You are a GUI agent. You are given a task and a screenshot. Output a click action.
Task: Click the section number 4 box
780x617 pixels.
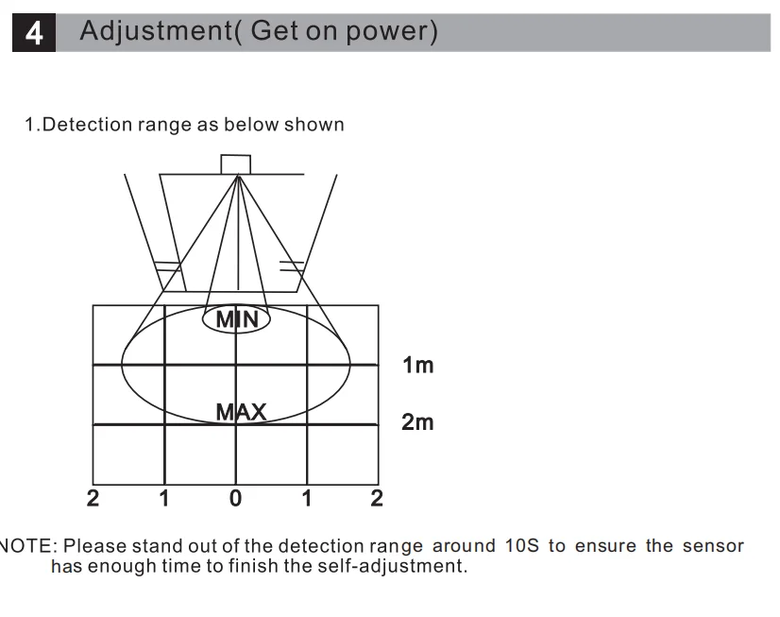[x=34, y=34]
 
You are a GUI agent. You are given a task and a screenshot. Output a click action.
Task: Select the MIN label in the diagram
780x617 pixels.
[x=236, y=319]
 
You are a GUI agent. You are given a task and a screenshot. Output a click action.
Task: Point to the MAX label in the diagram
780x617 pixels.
[x=241, y=413]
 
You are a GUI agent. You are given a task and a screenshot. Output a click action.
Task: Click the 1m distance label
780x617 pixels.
[x=417, y=366]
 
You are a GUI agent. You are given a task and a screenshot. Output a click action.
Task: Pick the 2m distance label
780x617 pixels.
[x=417, y=422]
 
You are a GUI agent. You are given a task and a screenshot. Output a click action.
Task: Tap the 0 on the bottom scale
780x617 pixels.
[x=236, y=498]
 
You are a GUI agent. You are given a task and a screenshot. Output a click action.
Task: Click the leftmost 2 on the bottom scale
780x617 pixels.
[x=93, y=498]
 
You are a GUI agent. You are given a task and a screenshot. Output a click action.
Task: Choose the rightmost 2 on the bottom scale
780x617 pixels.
[x=377, y=498]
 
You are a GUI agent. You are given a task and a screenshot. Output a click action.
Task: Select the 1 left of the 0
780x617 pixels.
[x=163, y=498]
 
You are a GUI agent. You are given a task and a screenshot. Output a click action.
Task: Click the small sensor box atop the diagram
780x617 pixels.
[x=236, y=163]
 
